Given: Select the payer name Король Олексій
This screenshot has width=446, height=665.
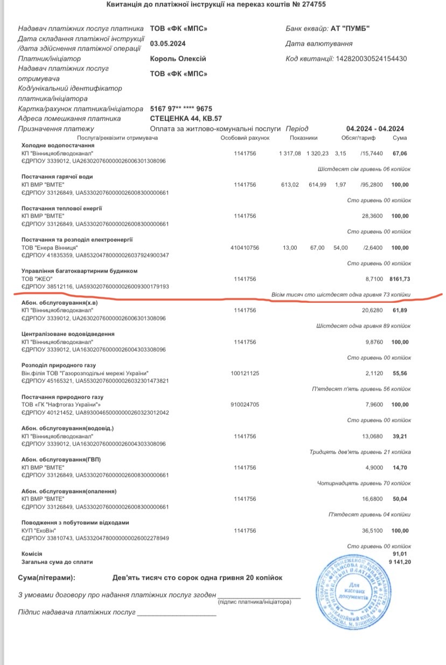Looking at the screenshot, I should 178,59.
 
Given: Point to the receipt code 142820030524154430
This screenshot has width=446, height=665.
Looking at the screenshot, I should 371,59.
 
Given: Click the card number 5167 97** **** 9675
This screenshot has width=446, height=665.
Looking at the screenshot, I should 181,108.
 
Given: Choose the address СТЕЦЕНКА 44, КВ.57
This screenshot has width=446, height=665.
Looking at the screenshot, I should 186,119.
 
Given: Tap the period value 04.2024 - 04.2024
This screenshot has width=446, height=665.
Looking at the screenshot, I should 375,129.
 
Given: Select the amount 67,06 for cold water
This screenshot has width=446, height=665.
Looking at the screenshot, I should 400,154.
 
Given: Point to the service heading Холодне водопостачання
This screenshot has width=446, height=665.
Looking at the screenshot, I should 58,146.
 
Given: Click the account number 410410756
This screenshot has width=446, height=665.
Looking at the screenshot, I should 245,247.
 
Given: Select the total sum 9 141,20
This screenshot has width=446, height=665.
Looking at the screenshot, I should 396,562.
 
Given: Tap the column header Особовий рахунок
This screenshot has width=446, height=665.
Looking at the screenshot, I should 245,138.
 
